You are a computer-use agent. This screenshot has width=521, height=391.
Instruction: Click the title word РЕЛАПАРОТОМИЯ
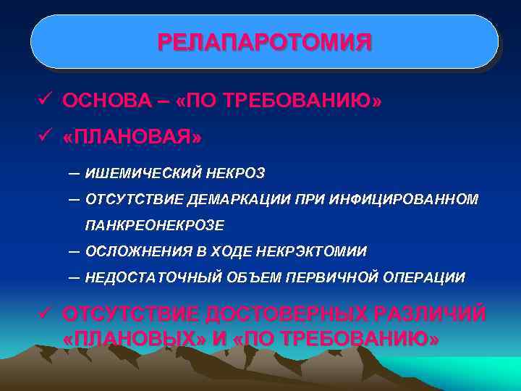coord(265,42)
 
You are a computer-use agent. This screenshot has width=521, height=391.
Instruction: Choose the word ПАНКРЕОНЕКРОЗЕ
coord(154,225)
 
